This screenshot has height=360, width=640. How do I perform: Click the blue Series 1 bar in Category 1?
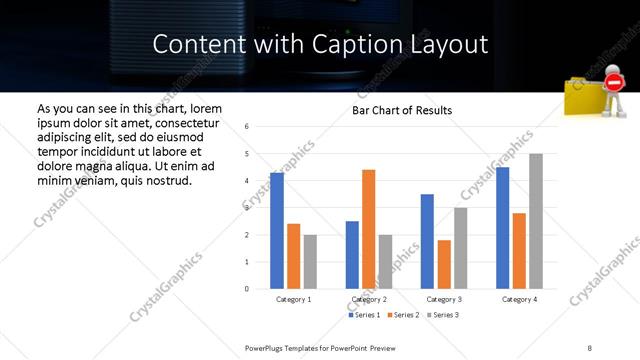277,231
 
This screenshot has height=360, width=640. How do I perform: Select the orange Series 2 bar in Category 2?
369,229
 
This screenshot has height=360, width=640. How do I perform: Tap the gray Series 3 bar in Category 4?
536,221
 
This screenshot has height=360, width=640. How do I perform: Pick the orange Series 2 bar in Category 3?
444,264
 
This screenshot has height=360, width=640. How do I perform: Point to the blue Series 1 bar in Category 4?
502,228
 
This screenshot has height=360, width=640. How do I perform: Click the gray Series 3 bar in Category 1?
311,262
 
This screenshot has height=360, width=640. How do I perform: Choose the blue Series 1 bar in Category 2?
352,255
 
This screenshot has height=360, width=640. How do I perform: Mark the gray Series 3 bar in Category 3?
461,248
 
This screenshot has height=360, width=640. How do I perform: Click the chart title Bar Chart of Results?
402,110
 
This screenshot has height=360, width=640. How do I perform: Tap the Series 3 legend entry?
442,315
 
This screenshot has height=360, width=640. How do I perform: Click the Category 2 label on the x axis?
369,299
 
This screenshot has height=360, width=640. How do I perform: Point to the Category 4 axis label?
519,299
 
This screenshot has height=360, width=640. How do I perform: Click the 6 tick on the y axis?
247,127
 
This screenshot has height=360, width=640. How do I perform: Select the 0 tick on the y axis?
247,289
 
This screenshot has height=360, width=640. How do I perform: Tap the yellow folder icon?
585,97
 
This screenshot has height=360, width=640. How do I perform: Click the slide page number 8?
590,347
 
